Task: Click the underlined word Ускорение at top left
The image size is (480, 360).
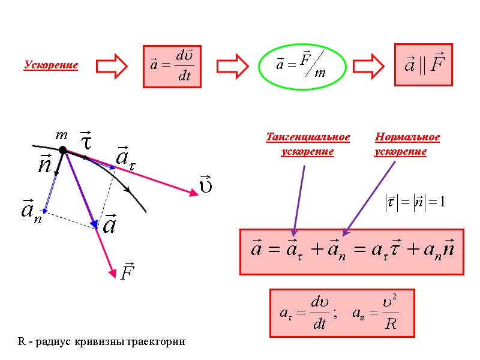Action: (51, 65)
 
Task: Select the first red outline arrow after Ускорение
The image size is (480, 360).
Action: (112, 65)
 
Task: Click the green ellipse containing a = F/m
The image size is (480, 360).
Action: (302, 66)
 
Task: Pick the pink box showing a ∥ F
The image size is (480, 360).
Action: (422, 64)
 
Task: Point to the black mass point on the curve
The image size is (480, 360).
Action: (62, 150)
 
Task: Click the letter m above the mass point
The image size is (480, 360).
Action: (61, 136)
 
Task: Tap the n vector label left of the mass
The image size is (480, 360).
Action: (44, 164)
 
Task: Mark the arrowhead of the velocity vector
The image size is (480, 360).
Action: (194, 193)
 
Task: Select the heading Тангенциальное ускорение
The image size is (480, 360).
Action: (308, 145)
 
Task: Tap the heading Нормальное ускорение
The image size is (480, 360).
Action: (407, 145)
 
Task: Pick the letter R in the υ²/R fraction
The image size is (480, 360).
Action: (391, 325)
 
